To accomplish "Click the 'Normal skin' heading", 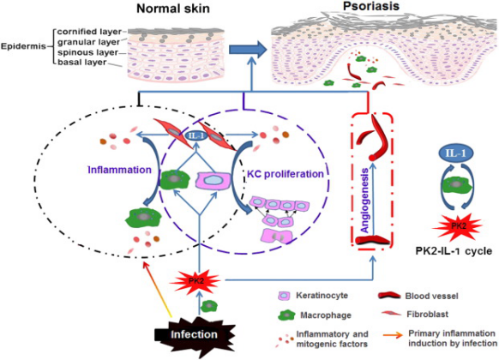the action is coord(173,9).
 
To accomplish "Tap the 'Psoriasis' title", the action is coord(371,6).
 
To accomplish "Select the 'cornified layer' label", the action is coord(89,32).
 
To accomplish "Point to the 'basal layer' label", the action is coord(81,62).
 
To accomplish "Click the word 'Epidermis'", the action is coord(23,46).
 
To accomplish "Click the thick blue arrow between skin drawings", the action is coord(248,50).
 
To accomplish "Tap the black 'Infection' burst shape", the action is coord(195,334).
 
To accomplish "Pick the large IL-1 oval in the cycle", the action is coord(456,153).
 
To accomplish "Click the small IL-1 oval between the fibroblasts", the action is coord(196,136).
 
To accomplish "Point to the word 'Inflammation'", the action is coord(120,170).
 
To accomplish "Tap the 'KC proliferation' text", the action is coord(286,174).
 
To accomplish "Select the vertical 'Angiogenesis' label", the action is coord(364,201).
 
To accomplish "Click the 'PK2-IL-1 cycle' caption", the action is coord(454,251).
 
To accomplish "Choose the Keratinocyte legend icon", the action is coord(284,296).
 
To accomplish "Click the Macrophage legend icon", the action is coord(286,315).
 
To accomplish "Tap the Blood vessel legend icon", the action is coord(389,296).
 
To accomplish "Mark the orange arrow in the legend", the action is coord(393,335).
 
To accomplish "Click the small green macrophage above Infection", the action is coord(208,306).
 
